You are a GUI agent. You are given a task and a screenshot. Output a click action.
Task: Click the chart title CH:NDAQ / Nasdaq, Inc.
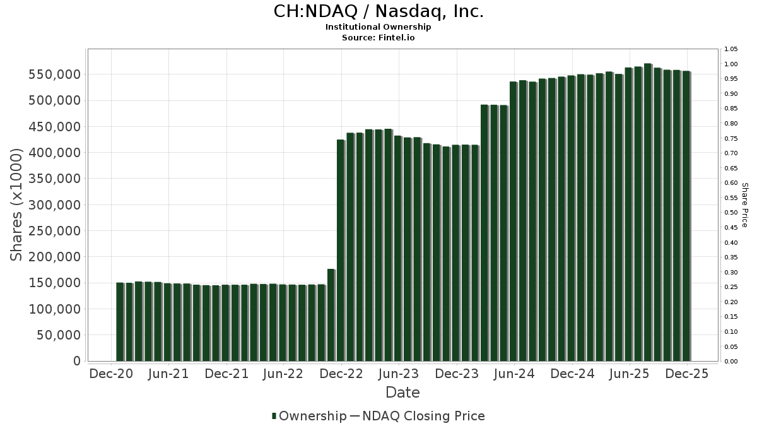coord(378,11)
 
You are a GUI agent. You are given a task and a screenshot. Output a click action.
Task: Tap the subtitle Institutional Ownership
coord(378,27)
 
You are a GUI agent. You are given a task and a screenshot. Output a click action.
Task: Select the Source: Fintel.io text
coord(378,37)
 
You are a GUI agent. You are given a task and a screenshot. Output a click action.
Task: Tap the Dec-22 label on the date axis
coord(341,374)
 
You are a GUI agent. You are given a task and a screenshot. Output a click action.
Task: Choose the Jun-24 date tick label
coord(513,374)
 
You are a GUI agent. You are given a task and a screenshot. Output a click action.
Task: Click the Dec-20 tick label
coord(111,374)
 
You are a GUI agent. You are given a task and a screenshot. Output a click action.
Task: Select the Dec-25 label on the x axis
coord(686,374)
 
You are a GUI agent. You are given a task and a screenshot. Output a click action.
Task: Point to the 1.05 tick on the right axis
coord(731,49)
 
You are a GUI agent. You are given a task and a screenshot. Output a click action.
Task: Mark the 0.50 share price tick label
coord(731,213)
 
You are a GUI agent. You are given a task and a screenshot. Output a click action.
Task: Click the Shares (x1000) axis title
coord(17,204)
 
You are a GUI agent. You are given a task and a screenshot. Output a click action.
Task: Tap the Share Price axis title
coord(744,204)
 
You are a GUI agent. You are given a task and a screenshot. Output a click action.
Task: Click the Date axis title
coord(402,393)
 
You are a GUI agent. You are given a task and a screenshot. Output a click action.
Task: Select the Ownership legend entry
coord(309,416)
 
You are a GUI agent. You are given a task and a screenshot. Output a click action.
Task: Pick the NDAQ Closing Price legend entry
coord(417,416)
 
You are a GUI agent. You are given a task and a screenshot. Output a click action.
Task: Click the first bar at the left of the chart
coord(120,322)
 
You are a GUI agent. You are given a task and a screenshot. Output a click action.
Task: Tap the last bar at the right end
coord(686,216)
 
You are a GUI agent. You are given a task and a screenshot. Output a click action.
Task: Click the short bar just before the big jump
coord(331,315)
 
